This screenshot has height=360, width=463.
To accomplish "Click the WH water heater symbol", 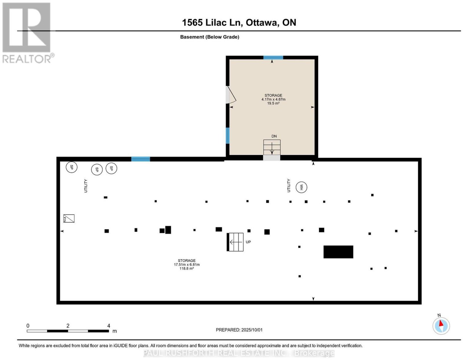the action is click(301, 187).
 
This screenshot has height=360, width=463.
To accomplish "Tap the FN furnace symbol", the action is click(69, 218).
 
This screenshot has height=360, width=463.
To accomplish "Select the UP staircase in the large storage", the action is click(235, 242).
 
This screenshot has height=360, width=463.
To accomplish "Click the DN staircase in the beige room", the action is click(272, 147).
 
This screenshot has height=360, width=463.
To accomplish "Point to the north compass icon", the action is click(441, 326).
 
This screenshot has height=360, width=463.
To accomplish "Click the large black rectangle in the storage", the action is click(338, 252).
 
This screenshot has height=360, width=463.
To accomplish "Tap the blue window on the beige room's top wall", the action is click(273, 58).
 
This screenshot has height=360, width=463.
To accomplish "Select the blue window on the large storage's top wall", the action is click(140, 159).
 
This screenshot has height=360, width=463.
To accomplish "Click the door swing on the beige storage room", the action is click(231, 95).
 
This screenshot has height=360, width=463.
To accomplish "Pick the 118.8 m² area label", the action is click(187, 268).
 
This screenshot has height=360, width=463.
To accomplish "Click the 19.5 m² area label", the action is click(273, 103).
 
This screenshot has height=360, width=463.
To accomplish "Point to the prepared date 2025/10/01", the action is click(252, 330).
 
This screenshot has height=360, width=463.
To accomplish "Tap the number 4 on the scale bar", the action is click(109, 326).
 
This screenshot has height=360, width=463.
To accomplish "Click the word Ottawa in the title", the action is click(262, 23).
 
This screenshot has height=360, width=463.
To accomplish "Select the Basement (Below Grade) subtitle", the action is click(210, 37).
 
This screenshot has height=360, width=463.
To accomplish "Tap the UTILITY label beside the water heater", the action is click(289, 185).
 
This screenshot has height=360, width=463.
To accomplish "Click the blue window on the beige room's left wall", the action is click(227, 136).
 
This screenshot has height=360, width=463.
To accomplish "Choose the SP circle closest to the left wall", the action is click(71, 167).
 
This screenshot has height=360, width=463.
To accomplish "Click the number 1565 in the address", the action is click(192, 23).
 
